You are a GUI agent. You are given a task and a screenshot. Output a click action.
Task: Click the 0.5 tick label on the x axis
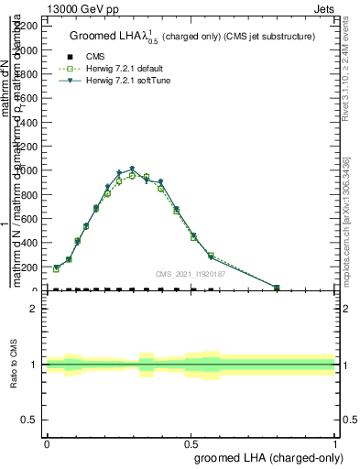(x=191, y=443)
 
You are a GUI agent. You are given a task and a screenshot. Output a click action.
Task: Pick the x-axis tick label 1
(x=335, y=443)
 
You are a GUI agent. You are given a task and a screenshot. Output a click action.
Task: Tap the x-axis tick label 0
(x=47, y=443)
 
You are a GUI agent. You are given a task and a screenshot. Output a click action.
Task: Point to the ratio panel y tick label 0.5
(x=30, y=420)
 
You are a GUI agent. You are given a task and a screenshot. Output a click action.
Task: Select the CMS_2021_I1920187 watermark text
(x=191, y=274)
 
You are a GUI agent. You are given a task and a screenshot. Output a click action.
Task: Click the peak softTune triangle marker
(x=133, y=169)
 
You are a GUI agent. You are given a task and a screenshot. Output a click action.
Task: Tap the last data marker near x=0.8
(x=277, y=288)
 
